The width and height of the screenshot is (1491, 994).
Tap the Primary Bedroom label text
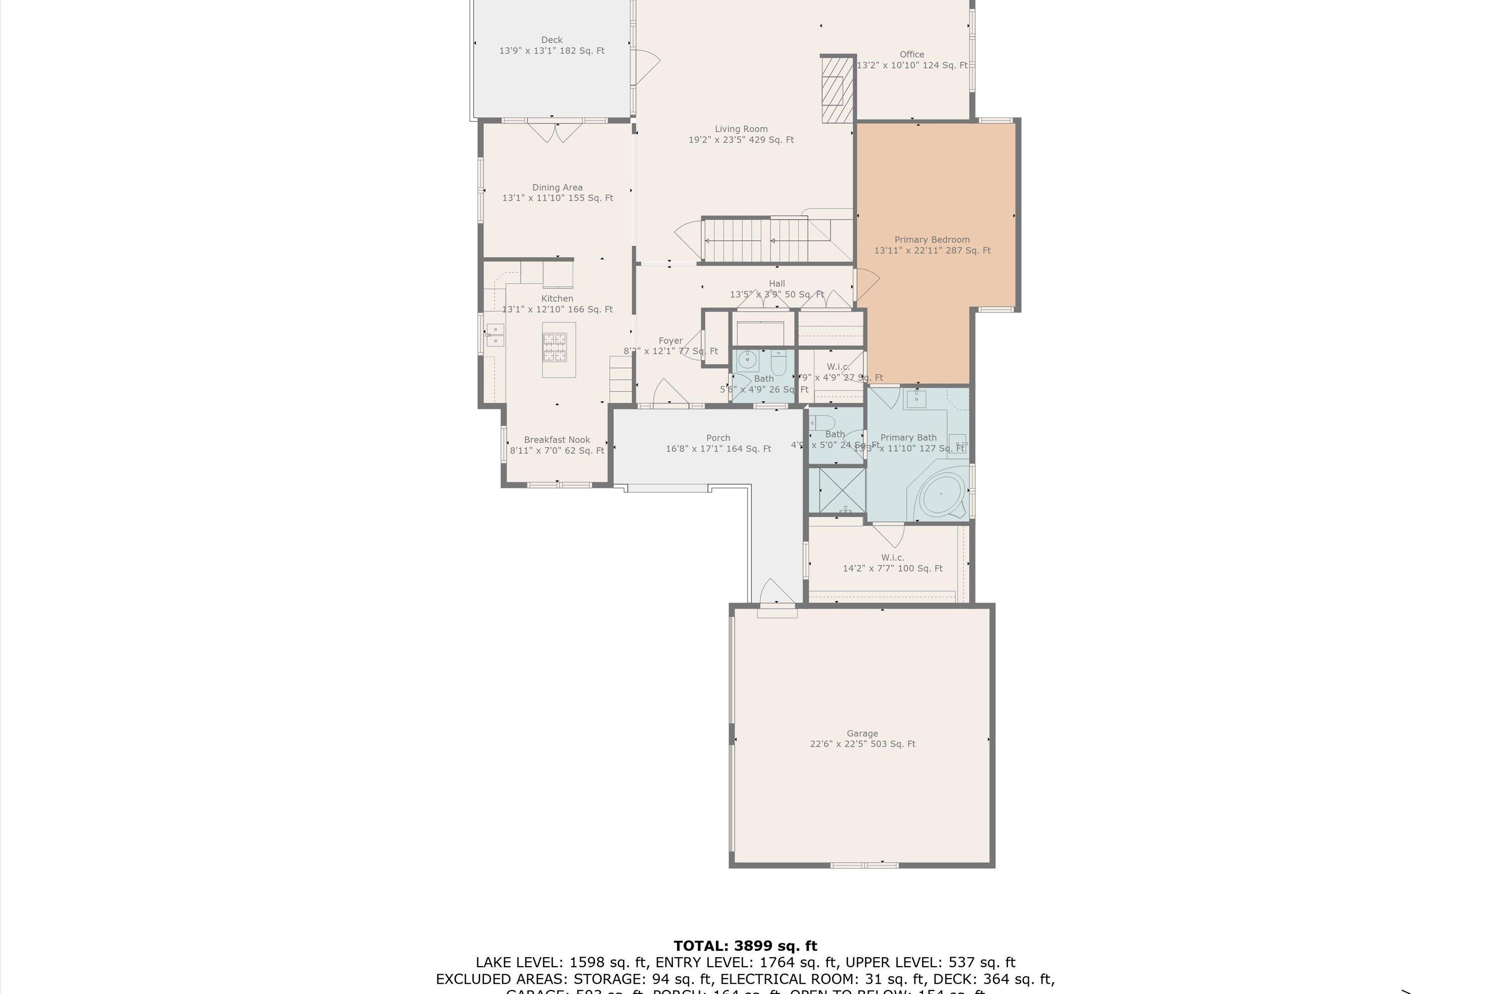pos(931,240)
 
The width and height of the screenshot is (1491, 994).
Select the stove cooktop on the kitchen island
pos(554,347)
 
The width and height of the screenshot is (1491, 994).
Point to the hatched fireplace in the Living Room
pos(837,90)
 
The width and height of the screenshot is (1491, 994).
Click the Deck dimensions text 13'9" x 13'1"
pos(552,51)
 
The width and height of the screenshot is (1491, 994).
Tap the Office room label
pos(911,55)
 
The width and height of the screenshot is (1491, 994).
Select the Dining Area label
pos(557,188)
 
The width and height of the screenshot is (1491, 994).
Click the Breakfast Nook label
pos(557,440)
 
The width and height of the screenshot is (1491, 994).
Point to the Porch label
pos(718,438)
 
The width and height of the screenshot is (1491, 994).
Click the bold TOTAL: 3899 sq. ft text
pos(745,946)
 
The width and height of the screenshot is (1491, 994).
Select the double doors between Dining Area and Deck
pos(555,132)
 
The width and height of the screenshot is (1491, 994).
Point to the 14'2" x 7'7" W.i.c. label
pos(892,563)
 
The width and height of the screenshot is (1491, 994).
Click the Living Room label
pos(741,129)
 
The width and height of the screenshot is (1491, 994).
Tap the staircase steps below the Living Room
pos(754,240)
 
